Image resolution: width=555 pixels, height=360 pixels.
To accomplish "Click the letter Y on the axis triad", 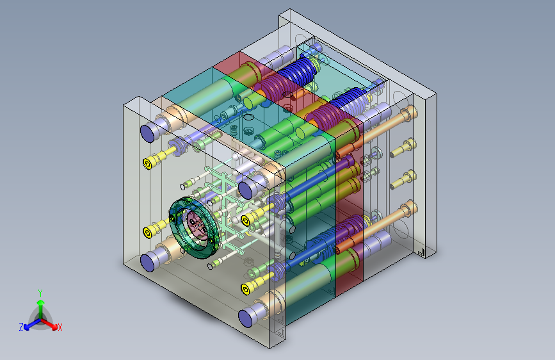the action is (x=40, y=293).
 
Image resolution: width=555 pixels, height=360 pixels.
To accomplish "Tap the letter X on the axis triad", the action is (x=60, y=328).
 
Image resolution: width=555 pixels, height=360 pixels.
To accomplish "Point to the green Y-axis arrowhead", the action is (x=41, y=302).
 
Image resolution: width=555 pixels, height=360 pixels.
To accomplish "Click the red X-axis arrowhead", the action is (x=54, y=326).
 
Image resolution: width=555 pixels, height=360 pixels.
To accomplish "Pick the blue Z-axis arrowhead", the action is (x=27, y=327).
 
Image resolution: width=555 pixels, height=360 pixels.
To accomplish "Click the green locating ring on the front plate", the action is (x=194, y=228).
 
